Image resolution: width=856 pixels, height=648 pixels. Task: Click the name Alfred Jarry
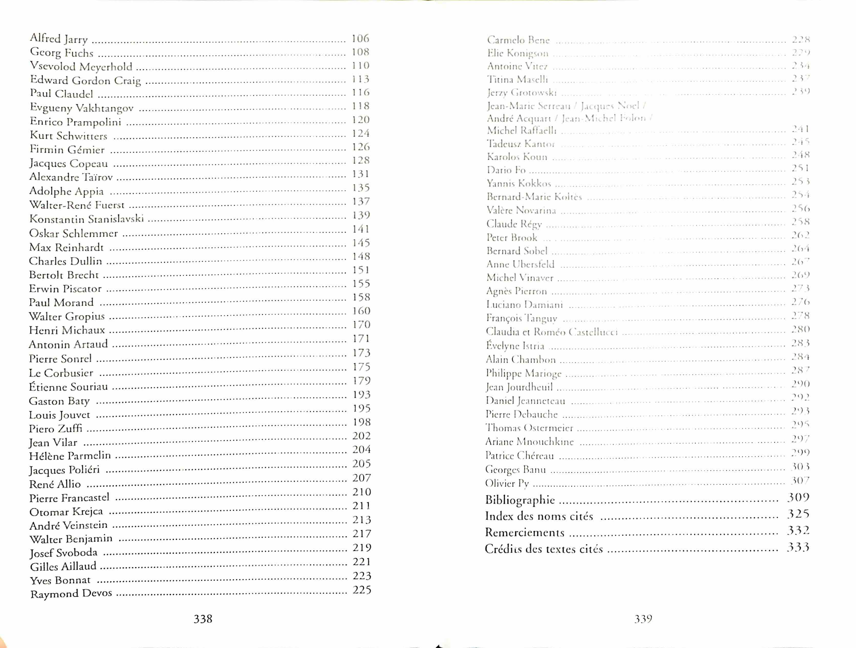[x=59, y=39]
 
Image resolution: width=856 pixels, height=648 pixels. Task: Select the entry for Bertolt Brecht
[x=64, y=275]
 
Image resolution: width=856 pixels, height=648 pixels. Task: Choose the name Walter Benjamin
[x=71, y=539]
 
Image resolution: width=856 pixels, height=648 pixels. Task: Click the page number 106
[x=360, y=38]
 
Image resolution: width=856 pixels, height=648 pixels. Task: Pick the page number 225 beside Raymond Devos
[x=362, y=590]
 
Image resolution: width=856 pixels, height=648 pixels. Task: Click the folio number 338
[x=203, y=619]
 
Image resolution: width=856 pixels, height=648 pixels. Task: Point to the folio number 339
[x=643, y=619]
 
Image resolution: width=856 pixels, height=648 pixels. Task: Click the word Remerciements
[x=524, y=533]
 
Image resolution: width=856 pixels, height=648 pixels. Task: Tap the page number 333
[x=798, y=547]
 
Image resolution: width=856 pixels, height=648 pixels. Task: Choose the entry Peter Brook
[x=512, y=237]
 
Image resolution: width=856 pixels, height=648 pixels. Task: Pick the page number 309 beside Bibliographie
[x=798, y=498]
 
